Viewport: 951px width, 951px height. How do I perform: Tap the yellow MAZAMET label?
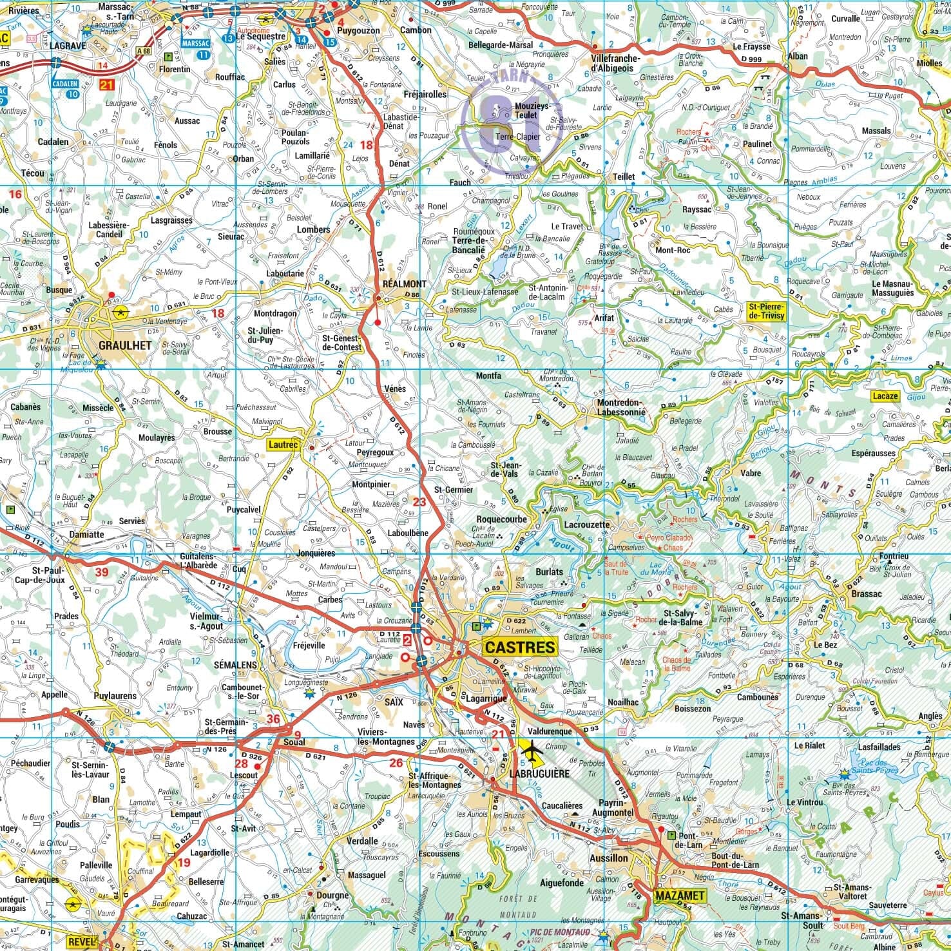(x=680, y=895)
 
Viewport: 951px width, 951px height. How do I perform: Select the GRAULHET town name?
(x=125, y=345)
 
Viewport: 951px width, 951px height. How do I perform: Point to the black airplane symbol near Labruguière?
(x=532, y=750)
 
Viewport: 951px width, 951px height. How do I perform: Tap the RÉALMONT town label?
(x=403, y=283)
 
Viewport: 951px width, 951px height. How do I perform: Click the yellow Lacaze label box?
(x=885, y=396)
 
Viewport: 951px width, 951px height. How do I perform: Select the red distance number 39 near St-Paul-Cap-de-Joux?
(x=101, y=572)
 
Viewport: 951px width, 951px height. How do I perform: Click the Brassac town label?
(x=866, y=593)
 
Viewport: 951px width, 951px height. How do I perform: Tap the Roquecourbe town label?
(x=501, y=519)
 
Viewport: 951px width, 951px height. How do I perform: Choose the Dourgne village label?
(x=332, y=895)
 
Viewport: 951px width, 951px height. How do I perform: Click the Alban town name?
(x=797, y=56)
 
